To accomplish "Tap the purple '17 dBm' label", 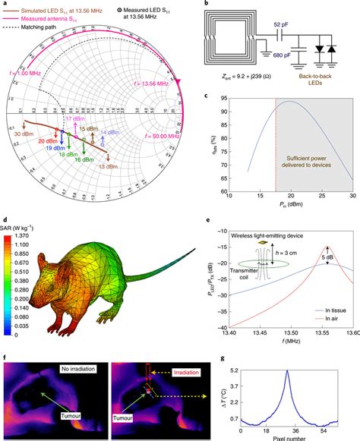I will (75, 119).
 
